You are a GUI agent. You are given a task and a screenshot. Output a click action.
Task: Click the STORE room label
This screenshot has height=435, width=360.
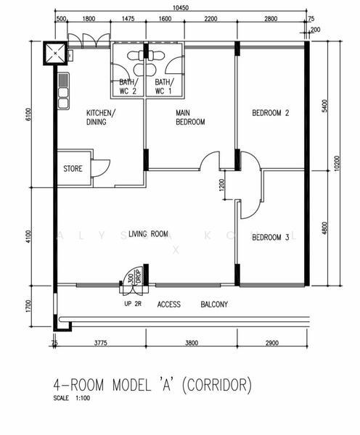[x=73, y=169]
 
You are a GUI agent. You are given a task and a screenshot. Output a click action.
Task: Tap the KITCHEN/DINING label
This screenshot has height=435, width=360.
[x=101, y=117]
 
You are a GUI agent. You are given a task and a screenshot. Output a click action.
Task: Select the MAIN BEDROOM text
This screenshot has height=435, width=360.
[x=190, y=117]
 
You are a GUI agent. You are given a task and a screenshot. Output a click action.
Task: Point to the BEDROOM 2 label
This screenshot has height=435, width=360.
[x=271, y=113]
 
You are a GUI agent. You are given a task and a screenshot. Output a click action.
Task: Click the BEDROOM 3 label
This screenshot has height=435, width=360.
[x=271, y=238]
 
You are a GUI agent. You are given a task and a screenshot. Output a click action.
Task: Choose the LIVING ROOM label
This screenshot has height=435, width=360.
[x=148, y=234]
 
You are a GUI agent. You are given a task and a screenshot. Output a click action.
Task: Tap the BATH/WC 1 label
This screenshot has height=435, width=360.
[x=164, y=86]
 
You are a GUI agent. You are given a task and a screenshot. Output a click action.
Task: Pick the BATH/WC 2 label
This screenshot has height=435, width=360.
[x=128, y=86]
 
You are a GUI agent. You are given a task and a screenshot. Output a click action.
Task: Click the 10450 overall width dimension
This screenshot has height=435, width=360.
[x=181, y=7]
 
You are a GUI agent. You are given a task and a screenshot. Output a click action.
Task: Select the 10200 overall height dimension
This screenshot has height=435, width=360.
[x=337, y=163]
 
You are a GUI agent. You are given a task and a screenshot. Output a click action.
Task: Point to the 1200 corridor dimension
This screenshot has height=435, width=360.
[x=221, y=185]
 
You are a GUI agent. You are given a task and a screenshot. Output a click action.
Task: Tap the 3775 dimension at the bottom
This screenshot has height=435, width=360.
[x=101, y=343]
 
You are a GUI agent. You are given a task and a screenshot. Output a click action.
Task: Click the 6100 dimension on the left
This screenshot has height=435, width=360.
[x=28, y=115]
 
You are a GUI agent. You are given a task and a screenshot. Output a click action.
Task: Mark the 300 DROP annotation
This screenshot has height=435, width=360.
[x=135, y=276]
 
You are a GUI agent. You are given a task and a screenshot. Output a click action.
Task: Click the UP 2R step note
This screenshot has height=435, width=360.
[x=133, y=304]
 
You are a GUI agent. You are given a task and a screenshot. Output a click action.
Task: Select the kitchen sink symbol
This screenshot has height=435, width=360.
[x=63, y=91]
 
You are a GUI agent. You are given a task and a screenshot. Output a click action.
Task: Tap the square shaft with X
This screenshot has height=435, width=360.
[x=55, y=53]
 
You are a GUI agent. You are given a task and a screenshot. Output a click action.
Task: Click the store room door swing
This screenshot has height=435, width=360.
[x=101, y=168]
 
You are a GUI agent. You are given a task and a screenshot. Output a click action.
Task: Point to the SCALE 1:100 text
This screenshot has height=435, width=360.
[x=72, y=398]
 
